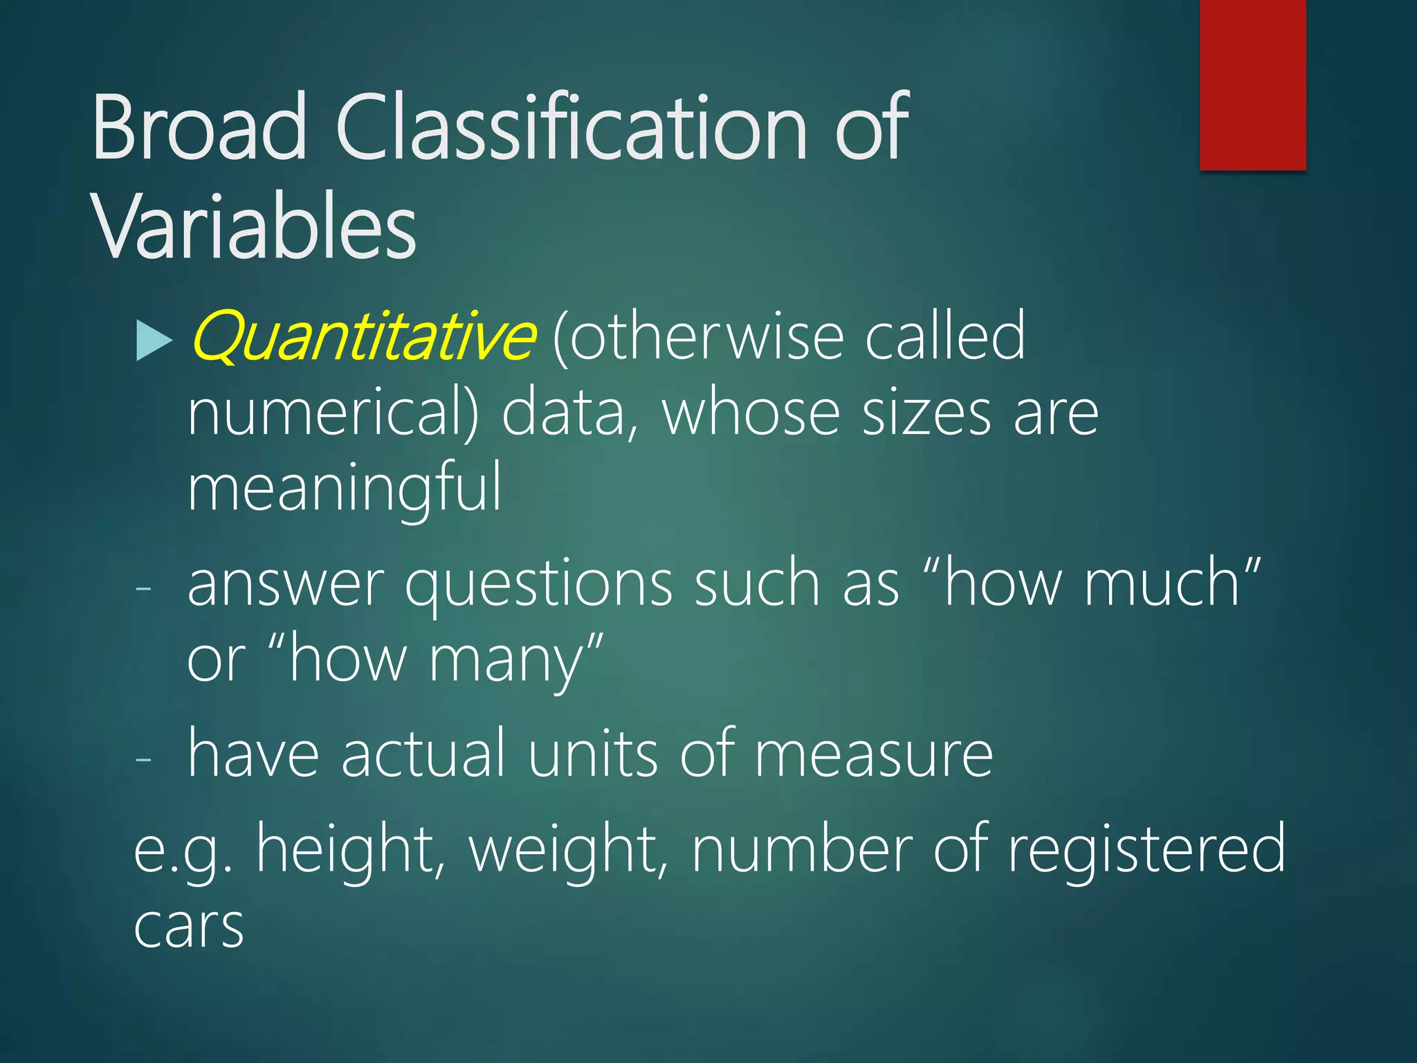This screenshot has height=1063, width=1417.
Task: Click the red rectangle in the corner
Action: (1252, 84)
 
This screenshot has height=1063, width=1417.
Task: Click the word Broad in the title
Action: (199, 128)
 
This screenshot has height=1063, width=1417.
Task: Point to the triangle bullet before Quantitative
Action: (154, 340)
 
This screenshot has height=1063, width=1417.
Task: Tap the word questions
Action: (538, 585)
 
